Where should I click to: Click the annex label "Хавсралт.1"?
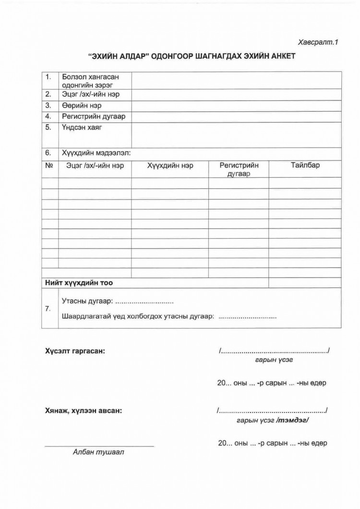(318, 42)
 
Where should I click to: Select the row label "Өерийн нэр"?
(81, 105)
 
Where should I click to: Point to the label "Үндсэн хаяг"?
(82, 128)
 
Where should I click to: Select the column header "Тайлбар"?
(305, 166)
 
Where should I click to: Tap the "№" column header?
(48, 166)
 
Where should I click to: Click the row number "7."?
(48, 309)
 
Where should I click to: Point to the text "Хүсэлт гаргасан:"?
(75, 351)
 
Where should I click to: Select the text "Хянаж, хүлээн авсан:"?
(83, 411)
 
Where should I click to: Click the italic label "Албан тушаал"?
(98, 452)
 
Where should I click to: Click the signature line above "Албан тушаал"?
(99, 446)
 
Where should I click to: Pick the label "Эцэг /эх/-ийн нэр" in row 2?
(91, 94)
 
